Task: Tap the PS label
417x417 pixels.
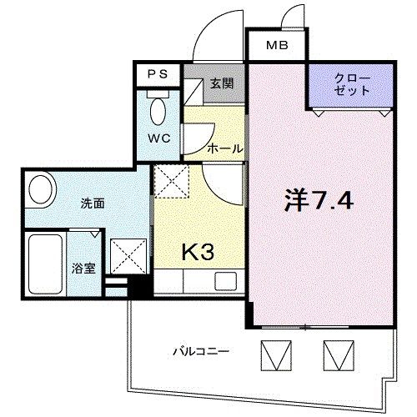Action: [158, 73]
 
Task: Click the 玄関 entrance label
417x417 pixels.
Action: [221, 83]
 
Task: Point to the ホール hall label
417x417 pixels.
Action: [224, 148]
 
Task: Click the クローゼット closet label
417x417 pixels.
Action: [351, 84]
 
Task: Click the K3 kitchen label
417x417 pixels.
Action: [198, 250]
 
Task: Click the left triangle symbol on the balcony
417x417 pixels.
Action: [274, 354]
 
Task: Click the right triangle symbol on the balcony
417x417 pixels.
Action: [334, 354]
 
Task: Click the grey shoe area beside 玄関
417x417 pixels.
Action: [193, 90]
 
